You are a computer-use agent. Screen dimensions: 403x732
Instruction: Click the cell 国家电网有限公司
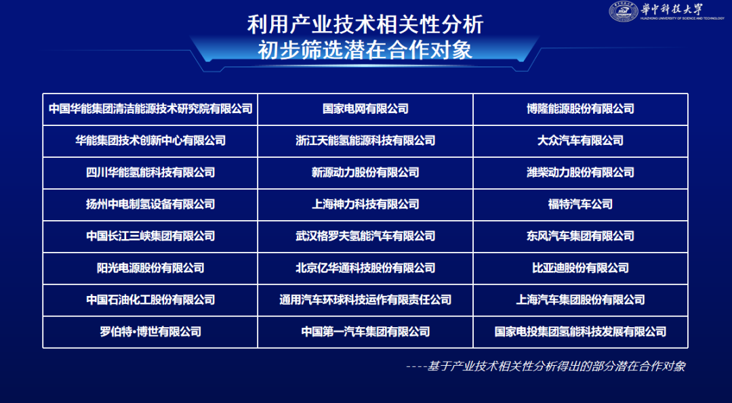365,108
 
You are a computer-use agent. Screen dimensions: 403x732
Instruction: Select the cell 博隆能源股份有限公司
580,108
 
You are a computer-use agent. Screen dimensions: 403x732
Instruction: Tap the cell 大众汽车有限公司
580,140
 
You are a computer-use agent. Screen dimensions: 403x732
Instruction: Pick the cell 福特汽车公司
580,204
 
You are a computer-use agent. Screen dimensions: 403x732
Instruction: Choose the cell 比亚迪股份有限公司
580,268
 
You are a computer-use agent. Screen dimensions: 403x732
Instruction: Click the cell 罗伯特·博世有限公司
150,331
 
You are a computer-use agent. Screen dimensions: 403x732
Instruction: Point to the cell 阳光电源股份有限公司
150,268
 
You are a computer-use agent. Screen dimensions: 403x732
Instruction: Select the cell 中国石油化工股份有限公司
150,299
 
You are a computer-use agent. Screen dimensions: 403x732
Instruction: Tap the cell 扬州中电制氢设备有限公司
150,204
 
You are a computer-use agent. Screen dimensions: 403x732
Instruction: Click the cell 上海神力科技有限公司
365,204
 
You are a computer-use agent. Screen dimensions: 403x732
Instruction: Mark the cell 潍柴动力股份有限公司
580,172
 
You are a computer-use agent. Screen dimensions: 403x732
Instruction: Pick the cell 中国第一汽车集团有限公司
365,331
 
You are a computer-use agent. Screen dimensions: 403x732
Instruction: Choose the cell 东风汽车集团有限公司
580,236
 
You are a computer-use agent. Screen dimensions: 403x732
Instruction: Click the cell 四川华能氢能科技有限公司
150,172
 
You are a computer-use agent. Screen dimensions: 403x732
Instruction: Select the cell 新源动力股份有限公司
365,172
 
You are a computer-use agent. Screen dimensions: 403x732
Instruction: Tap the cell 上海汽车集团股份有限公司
580,299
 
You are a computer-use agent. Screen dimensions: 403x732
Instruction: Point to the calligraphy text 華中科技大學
672,9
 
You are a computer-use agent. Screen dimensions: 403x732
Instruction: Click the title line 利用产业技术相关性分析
365,25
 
